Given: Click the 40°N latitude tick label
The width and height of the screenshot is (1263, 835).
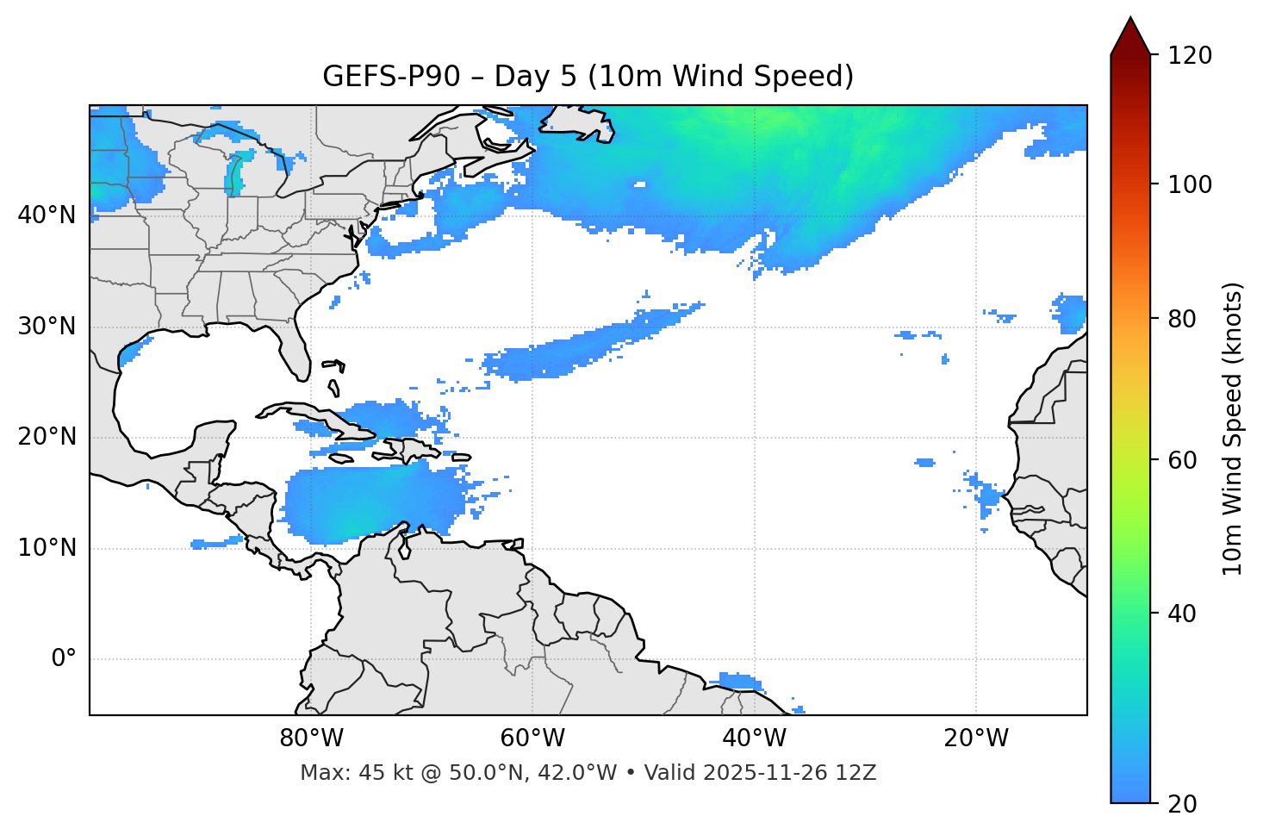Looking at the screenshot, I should tap(47, 215).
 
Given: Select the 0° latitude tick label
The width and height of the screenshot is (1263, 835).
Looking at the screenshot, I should tap(64, 659).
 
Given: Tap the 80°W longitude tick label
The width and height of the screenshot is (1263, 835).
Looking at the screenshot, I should tap(311, 738).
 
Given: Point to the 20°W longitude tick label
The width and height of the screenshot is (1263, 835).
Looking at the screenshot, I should tap(976, 738).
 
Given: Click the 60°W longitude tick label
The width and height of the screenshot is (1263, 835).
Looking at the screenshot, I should tap(532, 738).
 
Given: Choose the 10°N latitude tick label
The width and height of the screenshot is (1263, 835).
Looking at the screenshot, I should tap(47, 548).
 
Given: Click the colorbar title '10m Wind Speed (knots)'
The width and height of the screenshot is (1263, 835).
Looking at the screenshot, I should tap(1233, 429).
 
